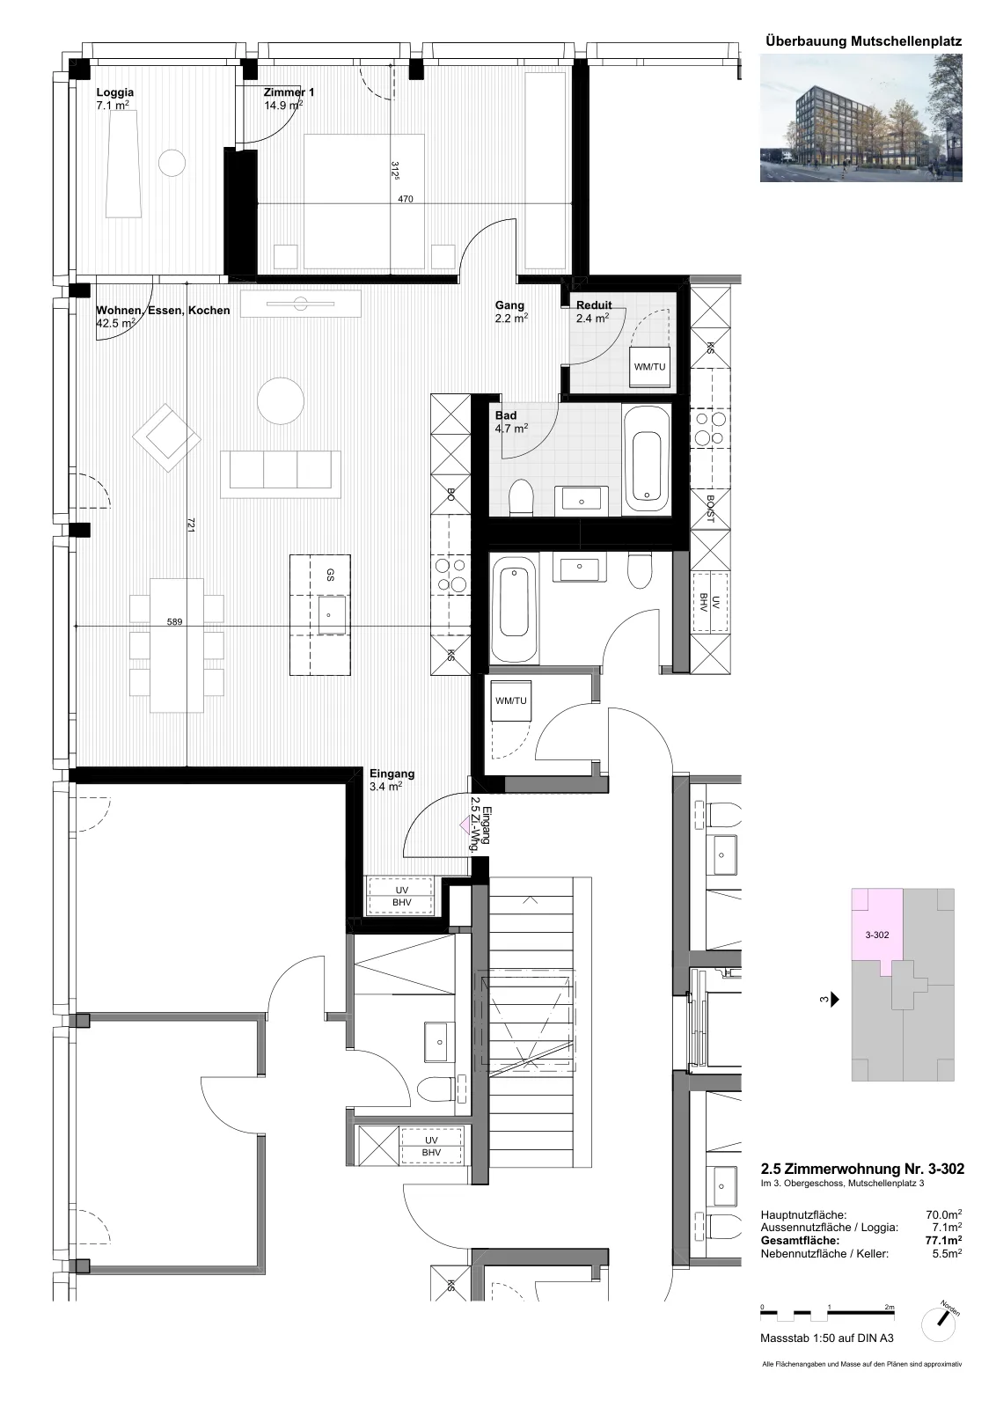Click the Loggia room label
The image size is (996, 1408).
(x=115, y=99)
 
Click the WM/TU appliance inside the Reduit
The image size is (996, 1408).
(x=649, y=366)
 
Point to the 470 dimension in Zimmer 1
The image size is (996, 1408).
(x=406, y=199)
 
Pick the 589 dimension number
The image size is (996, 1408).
(x=175, y=621)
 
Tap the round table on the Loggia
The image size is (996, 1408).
(x=172, y=164)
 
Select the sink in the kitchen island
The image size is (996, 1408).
(x=331, y=615)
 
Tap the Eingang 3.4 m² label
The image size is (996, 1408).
(x=392, y=780)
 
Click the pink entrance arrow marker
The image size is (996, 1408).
(x=465, y=824)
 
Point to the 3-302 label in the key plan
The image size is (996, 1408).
(x=877, y=935)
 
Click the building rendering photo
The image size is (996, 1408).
(x=861, y=118)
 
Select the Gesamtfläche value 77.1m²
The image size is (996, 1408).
(x=943, y=1240)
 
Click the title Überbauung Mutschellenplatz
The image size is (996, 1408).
(x=863, y=41)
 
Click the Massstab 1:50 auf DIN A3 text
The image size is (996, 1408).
(x=827, y=1356)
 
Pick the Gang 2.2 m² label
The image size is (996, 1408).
(x=511, y=312)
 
